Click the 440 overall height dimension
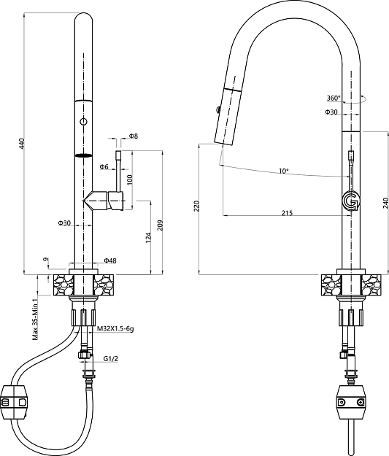[x=21, y=144]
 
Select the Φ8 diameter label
[x=134, y=136]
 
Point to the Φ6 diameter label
[x=104, y=167]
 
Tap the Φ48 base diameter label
[x=110, y=260]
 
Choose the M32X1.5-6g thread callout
[x=115, y=329]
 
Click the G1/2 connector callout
[x=110, y=359]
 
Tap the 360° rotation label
[x=334, y=98]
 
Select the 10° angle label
[x=283, y=171]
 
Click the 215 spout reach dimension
[x=286, y=212]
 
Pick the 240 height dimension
[x=385, y=205]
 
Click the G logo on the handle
[x=352, y=200]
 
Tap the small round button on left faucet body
[x=85, y=121]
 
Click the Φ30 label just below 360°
[x=331, y=112]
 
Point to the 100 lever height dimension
[x=129, y=179]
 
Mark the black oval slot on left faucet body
[x=85, y=155]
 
